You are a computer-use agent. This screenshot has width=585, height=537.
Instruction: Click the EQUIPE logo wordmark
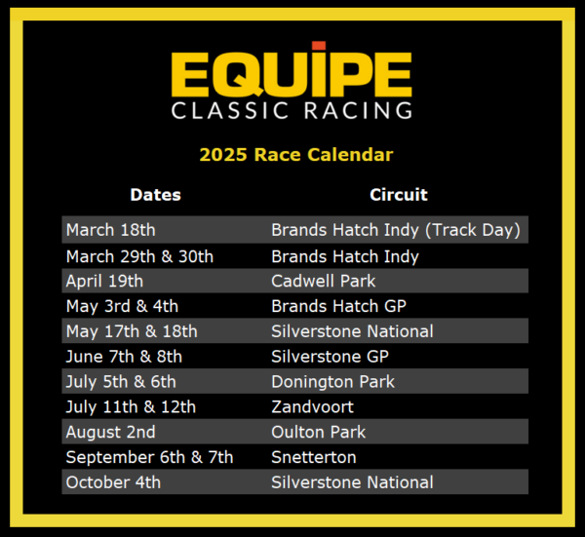click(x=292, y=71)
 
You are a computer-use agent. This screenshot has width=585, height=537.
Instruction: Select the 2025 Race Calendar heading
click(x=296, y=154)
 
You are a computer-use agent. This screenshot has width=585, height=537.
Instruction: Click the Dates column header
click(x=155, y=195)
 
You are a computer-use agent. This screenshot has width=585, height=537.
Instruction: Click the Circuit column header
click(x=398, y=195)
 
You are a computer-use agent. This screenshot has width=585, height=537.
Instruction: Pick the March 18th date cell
click(x=110, y=231)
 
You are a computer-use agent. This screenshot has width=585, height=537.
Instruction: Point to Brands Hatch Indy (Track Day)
click(x=396, y=231)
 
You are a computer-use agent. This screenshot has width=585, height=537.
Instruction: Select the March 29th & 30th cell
click(x=139, y=256)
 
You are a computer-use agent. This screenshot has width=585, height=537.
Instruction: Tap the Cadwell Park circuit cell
click(x=323, y=282)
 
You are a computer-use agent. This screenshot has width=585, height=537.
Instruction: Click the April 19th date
click(x=104, y=282)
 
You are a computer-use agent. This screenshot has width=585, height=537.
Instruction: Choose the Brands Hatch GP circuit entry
click(x=339, y=306)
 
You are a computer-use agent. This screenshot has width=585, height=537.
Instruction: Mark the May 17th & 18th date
click(x=132, y=331)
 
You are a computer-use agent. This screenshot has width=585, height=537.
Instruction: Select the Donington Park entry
click(x=332, y=382)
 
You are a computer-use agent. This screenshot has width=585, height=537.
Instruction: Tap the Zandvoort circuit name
click(x=312, y=406)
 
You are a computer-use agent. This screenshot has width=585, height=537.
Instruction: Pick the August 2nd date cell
click(x=110, y=432)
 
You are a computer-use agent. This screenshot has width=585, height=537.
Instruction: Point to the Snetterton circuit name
click(x=314, y=457)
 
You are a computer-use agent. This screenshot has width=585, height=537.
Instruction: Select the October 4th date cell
click(x=113, y=482)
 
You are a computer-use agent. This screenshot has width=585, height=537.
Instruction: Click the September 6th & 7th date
click(x=149, y=457)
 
